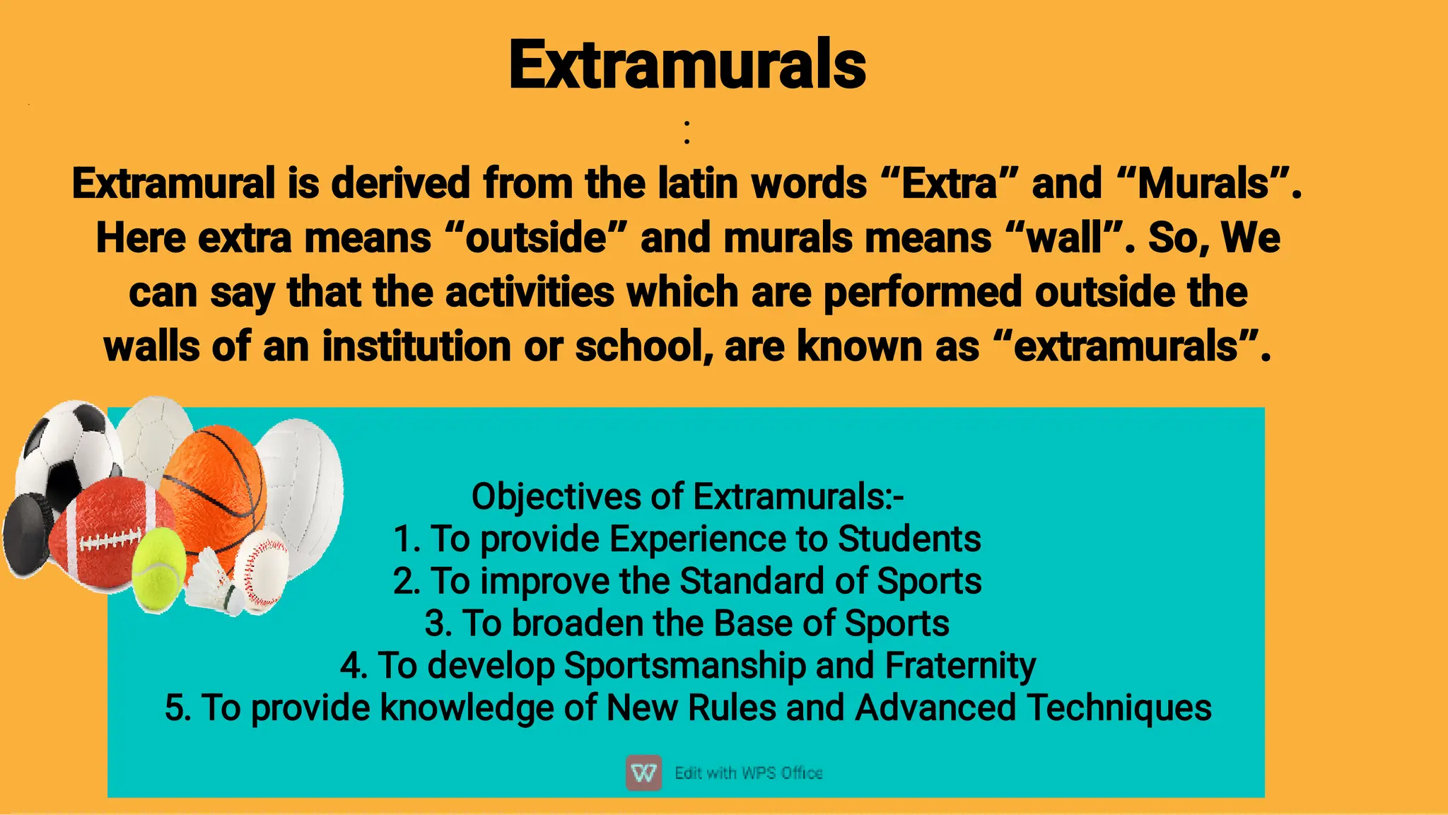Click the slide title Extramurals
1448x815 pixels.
click(x=687, y=65)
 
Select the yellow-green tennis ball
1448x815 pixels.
click(x=158, y=570)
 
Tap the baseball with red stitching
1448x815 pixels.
click(x=261, y=569)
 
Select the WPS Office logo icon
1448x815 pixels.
click(x=643, y=772)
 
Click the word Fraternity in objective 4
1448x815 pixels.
click(x=960, y=666)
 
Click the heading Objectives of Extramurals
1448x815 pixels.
click(x=687, y=496)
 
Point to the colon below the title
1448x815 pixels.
click(x=687, y=132)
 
